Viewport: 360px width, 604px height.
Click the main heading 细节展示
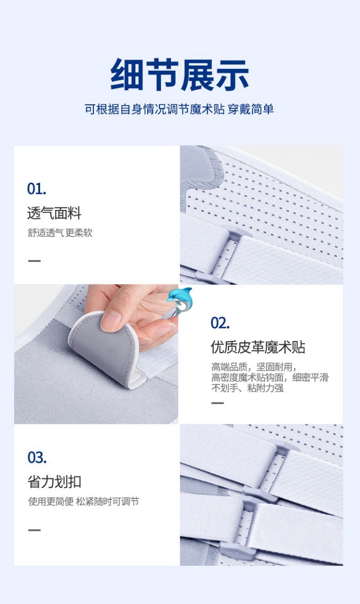pos(180,75)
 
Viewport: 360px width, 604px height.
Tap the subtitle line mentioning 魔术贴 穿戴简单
pos(179,109)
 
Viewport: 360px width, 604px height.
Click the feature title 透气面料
pos(54,213)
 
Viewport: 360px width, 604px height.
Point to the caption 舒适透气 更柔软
pos(60,233)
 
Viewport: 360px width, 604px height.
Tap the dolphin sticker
pos(180,301)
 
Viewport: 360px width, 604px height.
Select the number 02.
pos(220,323)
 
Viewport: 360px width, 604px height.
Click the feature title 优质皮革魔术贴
pos(258,347)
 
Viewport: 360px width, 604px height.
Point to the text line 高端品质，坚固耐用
pos(254,367)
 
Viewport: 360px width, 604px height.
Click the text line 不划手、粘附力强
pos(247,388)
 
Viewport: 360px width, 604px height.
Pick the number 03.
pos(37,458)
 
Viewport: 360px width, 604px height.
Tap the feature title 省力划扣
pos(54,482)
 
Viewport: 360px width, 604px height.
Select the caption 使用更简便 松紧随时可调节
pos(84,502)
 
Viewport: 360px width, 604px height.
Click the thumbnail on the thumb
pos(110,321)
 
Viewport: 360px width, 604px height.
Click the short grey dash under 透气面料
pos(34,261)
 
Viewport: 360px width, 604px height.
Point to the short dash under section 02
pos(218,403)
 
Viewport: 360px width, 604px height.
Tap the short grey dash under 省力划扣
pos(34,530)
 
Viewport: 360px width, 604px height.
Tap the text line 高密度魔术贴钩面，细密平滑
pos(270,377)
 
